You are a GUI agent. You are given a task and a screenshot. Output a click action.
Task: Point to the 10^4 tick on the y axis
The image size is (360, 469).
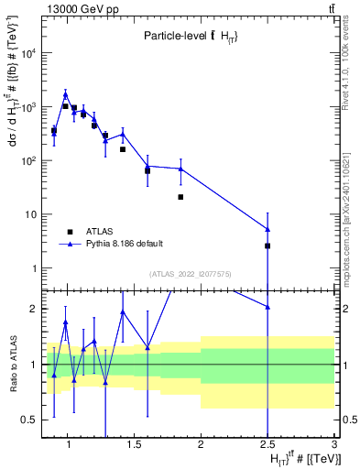tap(29, 53)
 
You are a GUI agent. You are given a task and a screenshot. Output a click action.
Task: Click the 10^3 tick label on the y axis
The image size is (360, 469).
tap(29, 107)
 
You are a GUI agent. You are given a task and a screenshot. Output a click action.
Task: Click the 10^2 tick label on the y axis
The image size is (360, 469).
tap(29, 161)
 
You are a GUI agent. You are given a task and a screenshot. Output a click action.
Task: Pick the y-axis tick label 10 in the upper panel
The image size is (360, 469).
tap(31, 215)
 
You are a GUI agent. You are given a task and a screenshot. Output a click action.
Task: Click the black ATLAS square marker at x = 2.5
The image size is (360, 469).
tap(267, 245)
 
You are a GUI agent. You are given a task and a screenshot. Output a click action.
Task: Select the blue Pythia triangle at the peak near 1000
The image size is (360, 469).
tap(66, 94)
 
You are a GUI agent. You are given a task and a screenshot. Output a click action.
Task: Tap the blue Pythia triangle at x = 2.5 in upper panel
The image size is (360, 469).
tap(267, 229)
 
